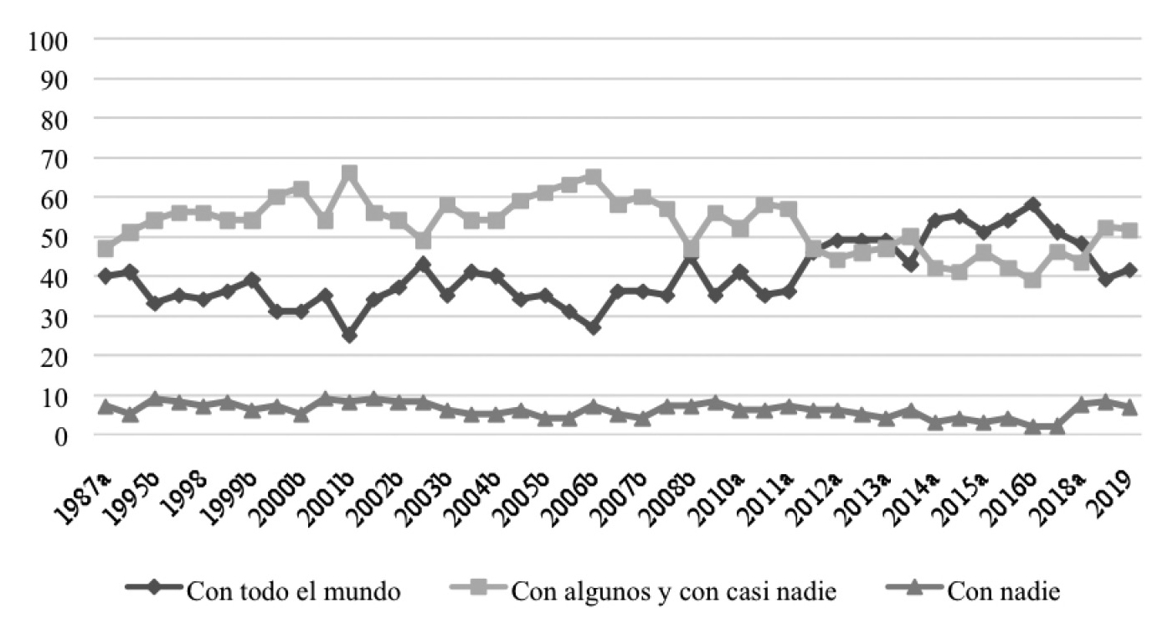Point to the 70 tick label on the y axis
click(x=53, y=158)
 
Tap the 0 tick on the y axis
click(x=62, y=436)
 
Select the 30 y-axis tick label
click(x=53, y=317)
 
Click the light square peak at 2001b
click(x=350, y=173)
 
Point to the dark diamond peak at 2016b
click(x=1032, y=204)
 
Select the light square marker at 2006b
click(x=594, y=177)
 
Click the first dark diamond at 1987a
click(x=105, y=276)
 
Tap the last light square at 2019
click(x=1130, y=229)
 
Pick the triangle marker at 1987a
click(x=105, y=407)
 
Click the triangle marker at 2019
click(x=1130, y=407)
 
